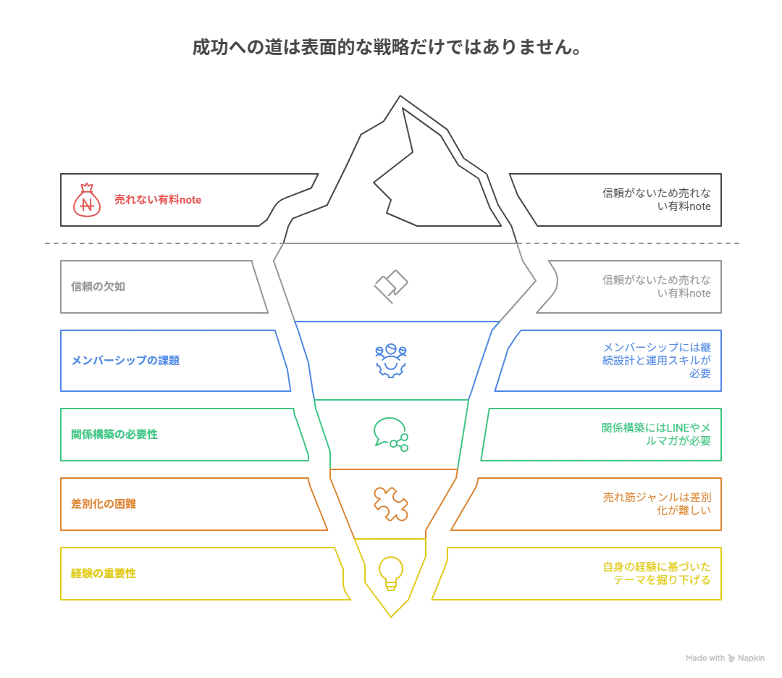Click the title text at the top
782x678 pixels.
(x=387, y=47)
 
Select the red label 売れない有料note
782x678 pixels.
(x=158, y=199)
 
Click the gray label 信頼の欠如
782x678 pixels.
(x=98, y=286)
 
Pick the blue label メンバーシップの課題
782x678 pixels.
(x=125, y=360)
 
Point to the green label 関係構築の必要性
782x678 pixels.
(x=114, y=434)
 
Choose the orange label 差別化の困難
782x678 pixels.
(x=104, y=504)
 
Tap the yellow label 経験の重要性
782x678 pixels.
(x=104, y=573)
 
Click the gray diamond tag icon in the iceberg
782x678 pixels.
(x=391, y=286)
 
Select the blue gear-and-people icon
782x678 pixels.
(x=391, y=360)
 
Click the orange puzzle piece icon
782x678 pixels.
(x=391, y=504)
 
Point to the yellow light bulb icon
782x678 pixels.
(x=391, y=573)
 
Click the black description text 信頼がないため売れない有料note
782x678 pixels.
(x=656, y=199)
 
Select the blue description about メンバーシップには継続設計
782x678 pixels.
(x=656, y=360)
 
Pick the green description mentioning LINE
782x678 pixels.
(x=656, y=434)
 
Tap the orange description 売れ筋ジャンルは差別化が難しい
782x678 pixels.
(x=657, y=504)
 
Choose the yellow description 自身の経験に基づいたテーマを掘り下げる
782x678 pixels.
(x=657, y=573)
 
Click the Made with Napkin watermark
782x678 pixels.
(x=725, y=658)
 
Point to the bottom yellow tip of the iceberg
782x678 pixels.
(x=391, y=616)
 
